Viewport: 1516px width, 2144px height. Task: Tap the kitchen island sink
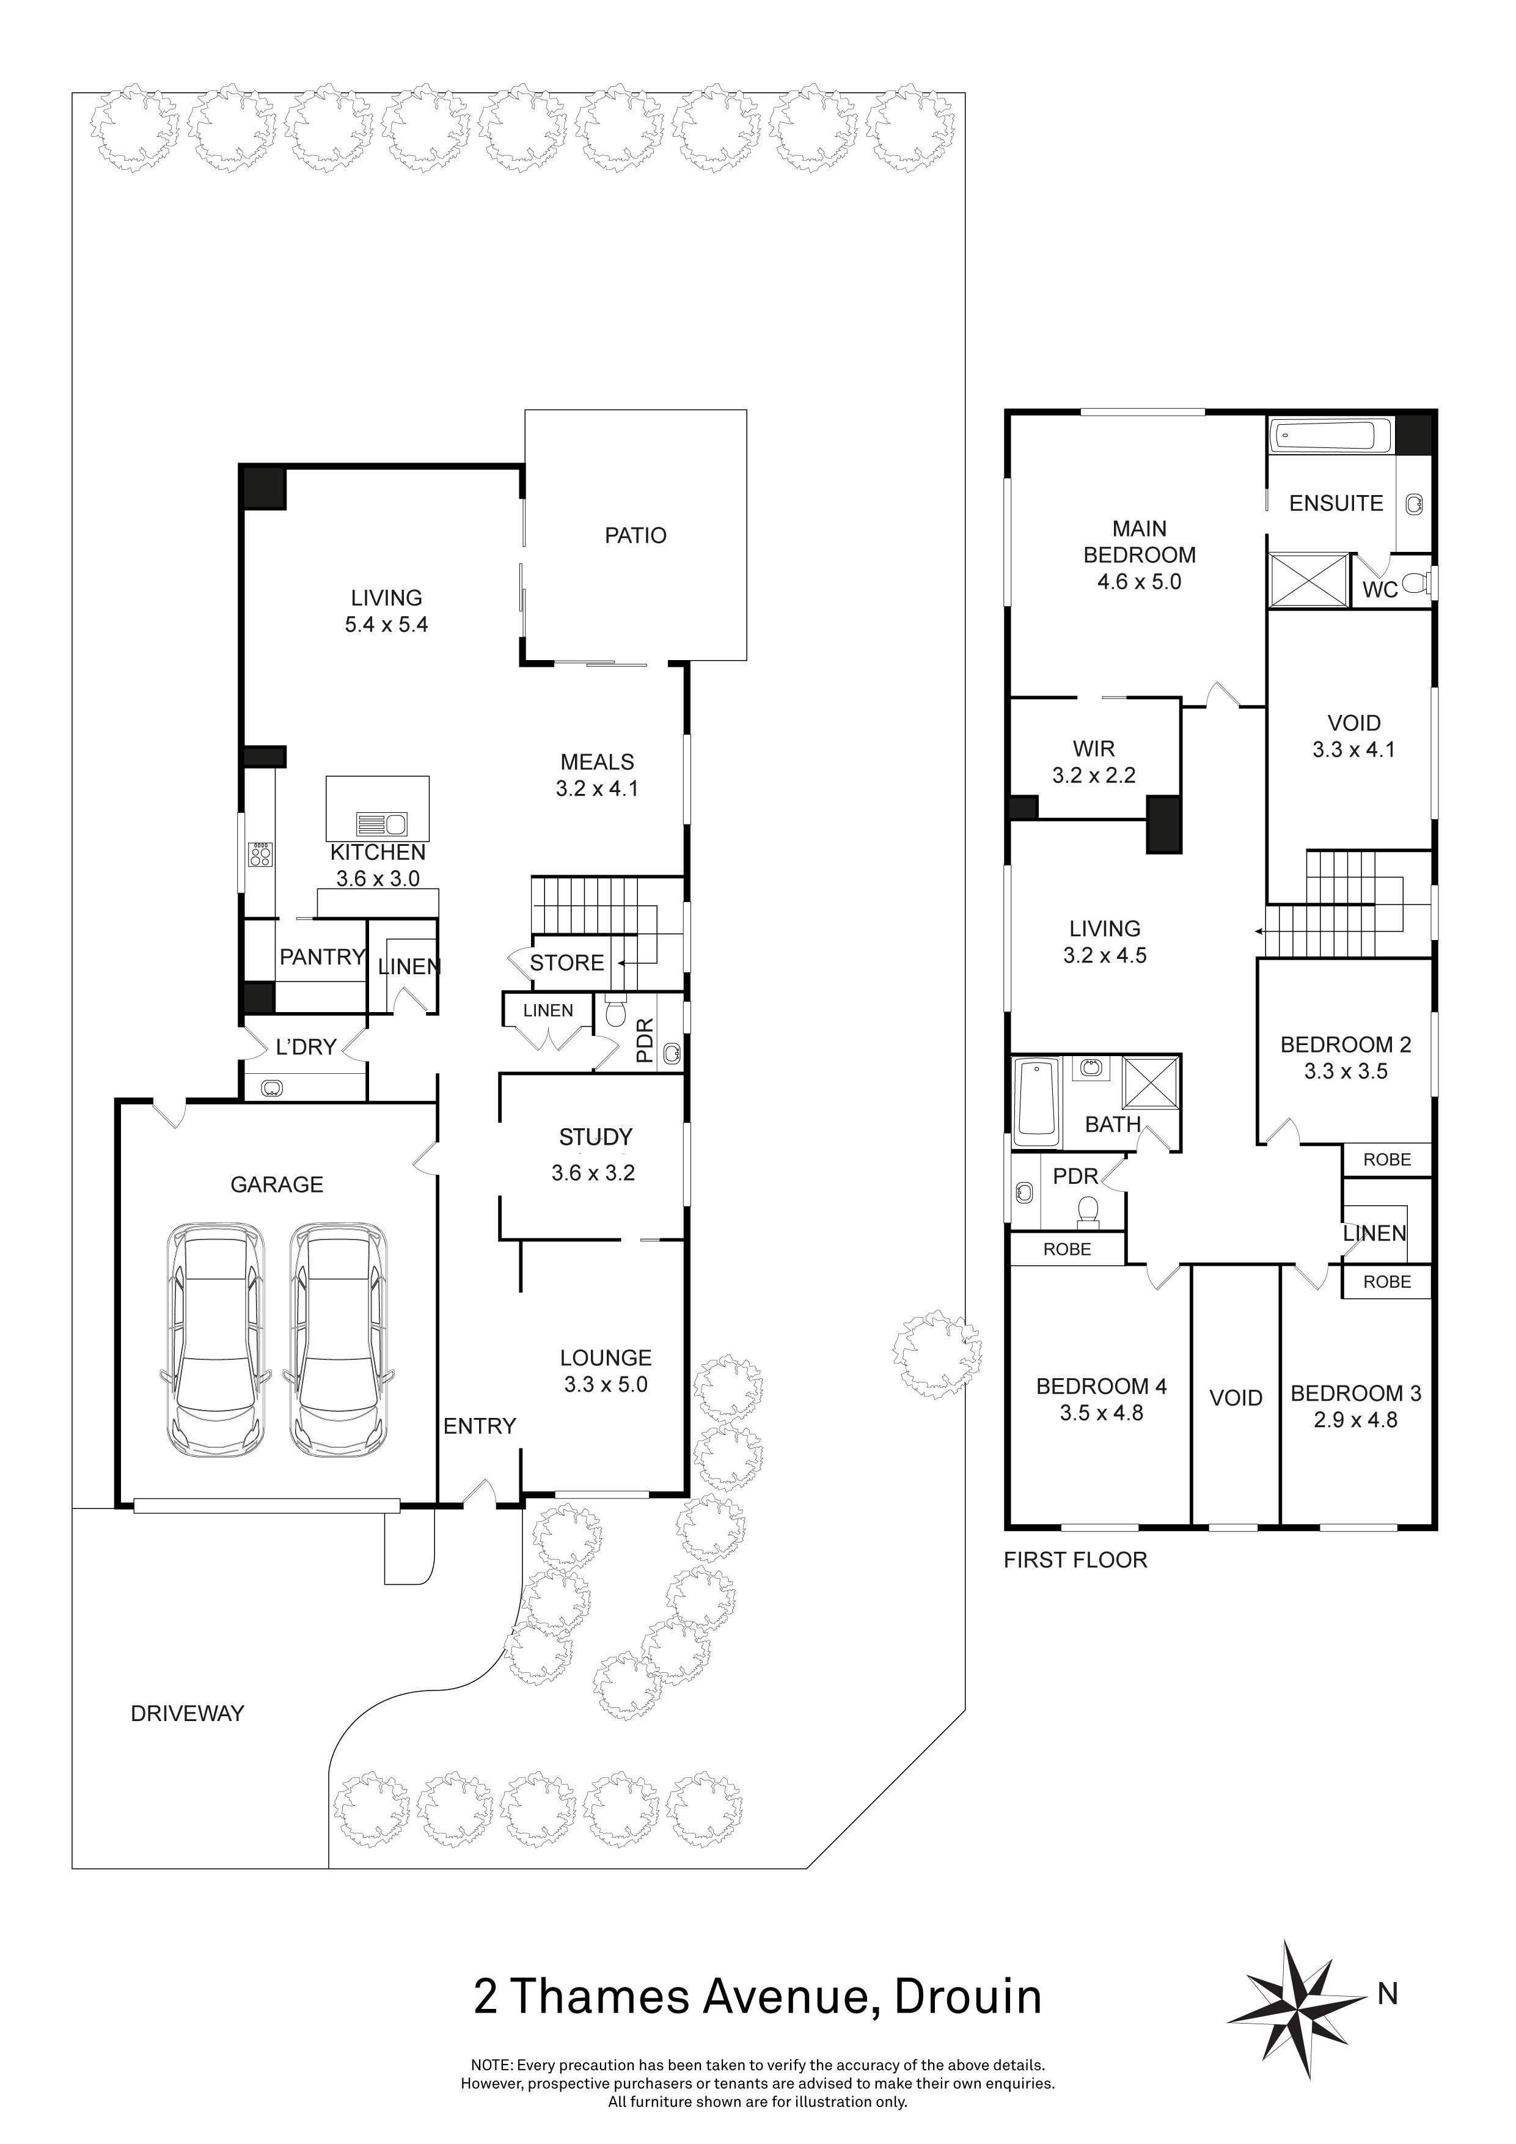coord(383,824)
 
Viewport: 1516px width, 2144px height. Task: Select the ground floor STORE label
coord(566,963)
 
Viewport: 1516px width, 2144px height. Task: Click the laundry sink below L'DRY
coord(273,1087)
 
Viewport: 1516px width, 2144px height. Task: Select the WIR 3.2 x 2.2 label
coord(1093,762)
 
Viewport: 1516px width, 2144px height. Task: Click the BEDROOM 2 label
coord(1345,1045)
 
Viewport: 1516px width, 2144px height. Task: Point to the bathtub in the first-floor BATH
coord(1036,1102)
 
